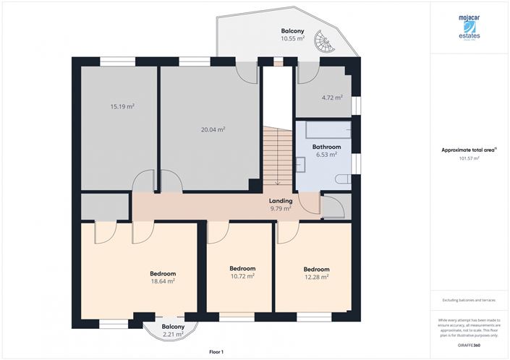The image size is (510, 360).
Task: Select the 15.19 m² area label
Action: click(x=122, y=106)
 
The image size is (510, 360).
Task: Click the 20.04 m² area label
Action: click(x=213, y=129)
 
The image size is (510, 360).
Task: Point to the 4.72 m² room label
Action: click(x=331, y=97)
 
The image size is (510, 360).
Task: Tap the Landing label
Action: click(x=281, y=201)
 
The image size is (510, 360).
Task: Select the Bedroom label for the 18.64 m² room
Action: click(x=163, y=273)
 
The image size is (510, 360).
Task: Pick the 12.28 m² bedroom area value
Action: click(x=316, y=276)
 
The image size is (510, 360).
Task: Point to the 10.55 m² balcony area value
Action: click(x=292, y=39)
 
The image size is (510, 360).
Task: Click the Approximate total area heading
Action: click(x=469, y=150)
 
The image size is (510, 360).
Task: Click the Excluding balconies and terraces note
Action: click(x=469, y=300)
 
